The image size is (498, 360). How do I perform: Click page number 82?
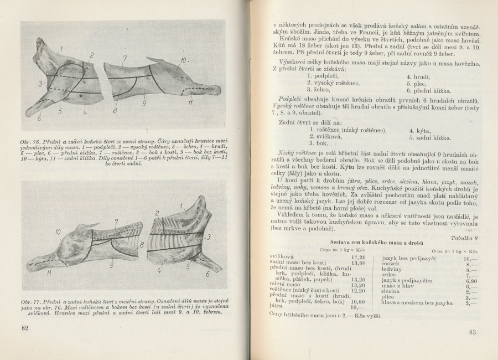[24, 328]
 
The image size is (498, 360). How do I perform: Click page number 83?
[472, 332]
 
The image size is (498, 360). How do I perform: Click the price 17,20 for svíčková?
[358, 258]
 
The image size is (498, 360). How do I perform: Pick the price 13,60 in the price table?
[358, 263]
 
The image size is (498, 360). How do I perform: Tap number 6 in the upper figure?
[40, 117]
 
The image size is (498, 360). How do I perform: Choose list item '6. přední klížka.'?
[428, 91]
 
